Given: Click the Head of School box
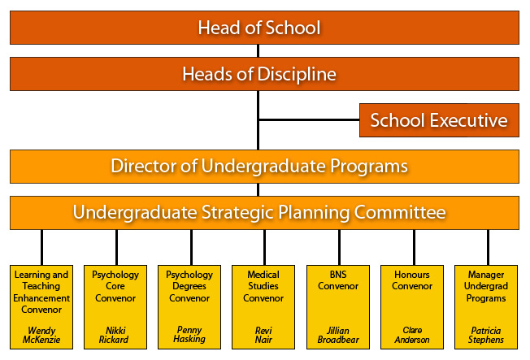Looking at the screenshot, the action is point(264,28).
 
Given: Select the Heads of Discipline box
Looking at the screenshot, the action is point(264,74).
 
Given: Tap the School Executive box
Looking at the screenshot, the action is point(439,120).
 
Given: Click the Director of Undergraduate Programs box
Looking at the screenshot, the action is point(264,167).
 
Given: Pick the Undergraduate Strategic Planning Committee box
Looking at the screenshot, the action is point(264,213).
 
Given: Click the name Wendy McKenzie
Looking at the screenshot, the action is point(41,335).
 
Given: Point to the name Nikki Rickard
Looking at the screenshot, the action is point(114,335).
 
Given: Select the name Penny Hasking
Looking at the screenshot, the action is point(189,334).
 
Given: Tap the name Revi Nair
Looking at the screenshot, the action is point(263,335).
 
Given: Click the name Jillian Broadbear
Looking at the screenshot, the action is point(338,335).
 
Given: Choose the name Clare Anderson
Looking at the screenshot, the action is point(412,335).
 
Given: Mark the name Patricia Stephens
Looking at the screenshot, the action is point(486,335).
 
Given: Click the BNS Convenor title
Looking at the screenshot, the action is point(338,280).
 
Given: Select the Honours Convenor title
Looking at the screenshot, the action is point(412,280).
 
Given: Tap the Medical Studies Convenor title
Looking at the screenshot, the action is point(263,286).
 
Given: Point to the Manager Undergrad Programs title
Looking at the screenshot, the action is point(486,286).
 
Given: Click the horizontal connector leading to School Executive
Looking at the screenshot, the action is point(309,119).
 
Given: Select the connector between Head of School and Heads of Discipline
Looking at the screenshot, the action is point(258,50).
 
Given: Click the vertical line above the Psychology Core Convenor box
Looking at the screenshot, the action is point(116,247).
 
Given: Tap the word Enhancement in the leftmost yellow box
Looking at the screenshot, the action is point(41,298).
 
